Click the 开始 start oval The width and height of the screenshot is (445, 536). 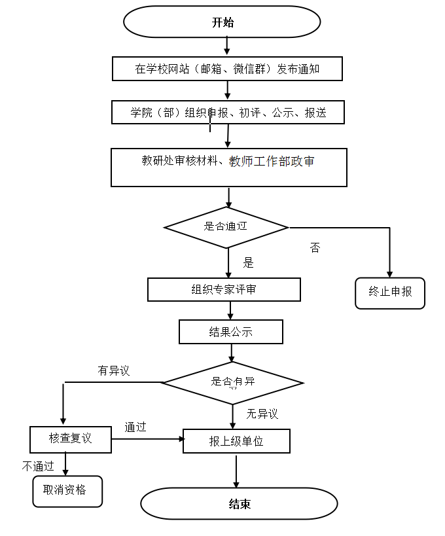tap(222, 22)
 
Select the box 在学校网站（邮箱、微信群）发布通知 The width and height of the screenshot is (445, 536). tap(227, 69)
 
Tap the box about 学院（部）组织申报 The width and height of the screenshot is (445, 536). tap(228, 113)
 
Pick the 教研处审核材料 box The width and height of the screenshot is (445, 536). tap(228, 167)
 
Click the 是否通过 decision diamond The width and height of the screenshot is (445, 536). tap(226, 227)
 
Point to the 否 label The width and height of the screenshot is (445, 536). tap(315, 248)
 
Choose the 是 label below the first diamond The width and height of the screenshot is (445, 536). tap(248, 263)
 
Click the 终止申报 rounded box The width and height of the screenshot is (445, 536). tap(390, 293)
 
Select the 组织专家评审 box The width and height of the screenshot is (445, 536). tap(224, 289)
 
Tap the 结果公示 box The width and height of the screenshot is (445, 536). tap(230, 332)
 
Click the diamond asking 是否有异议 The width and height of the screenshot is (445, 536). tap(232, 382)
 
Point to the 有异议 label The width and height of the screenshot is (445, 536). tap(114, 371)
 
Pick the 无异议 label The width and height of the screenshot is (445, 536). tap(262, 414)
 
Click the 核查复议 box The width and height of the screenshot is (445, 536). tap(71, 439)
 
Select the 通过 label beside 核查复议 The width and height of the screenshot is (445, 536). tap(135, 427)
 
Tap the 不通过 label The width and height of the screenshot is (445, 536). tap(37, 466)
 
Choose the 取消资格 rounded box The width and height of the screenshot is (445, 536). tap(67, 491)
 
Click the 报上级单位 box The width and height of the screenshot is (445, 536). tap(236, 441)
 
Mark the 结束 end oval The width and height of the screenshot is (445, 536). tap(240, 504)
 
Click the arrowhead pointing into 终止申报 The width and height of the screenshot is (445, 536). tap(390, 274)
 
